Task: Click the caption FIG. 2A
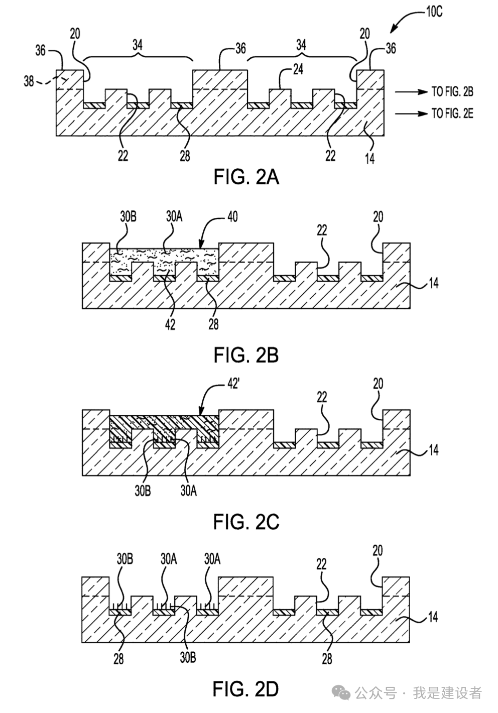[246, 177]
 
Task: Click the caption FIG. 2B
[246, 355]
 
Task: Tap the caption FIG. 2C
[246, 522]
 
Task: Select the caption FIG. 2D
[246, 689]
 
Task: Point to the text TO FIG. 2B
[452, 92]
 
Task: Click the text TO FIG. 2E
[452, 114]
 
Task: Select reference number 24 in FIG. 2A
[298, 69]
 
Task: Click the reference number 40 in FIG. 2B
[232, 216]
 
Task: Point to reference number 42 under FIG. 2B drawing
[170, 324]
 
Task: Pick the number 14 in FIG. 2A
[370, 159]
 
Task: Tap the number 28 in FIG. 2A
[185, 156]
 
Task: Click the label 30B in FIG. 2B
[128, 216]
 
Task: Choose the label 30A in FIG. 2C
[188, 490]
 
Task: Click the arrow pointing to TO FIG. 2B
[409, 92]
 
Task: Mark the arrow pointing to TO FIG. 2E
[409, 114]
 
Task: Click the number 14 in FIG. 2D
[433, 617]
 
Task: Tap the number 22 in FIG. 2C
[322, 397]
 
